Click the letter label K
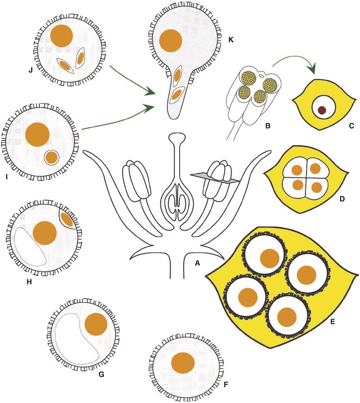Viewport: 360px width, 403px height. click(231, 40)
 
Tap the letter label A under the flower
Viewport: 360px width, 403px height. click(197, 263)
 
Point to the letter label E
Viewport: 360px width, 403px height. click(333, 322)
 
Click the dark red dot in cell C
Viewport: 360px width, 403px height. click(322, 110)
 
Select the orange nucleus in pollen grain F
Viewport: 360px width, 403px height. click(183, 363)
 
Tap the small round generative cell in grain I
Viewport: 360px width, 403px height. click(51, 157)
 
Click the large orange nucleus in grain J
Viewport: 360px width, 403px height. click(62, 36)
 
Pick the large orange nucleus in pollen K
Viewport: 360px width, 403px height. click(170, 41)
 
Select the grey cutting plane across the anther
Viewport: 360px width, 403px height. click(215, 178)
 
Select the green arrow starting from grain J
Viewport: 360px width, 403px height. click(132, 80)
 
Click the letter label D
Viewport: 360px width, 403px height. click(342, 199)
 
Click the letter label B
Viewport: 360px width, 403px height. click(268, 126)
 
